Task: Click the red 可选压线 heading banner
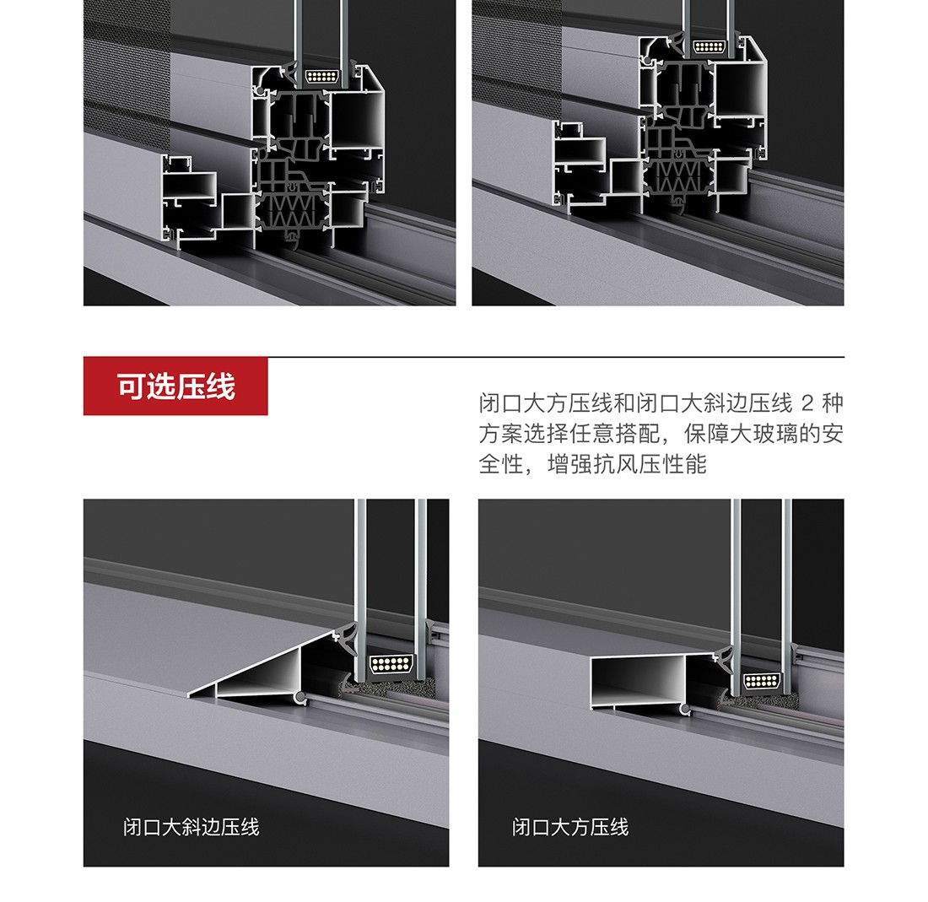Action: point(175,386)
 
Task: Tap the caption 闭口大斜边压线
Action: point(192,827)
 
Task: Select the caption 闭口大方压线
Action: point(570,827)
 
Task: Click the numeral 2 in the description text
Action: point(807,403)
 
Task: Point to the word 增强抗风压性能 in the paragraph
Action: point(628,464)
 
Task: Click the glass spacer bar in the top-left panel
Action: point(322,76)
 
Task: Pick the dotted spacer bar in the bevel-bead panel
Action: point(389,663)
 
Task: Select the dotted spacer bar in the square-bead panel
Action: point(762,681)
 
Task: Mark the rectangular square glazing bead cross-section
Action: point(642,682)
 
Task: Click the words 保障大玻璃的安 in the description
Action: point(763,434)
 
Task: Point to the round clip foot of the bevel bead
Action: point(301,699)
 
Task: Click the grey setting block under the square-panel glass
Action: point(758,701)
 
